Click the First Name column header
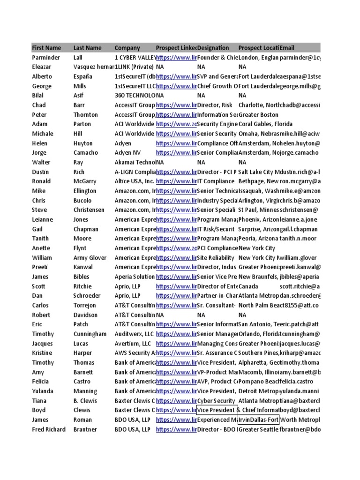coord(46,48)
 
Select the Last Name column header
coord(87,48)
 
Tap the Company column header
coord(127,48)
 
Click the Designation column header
coord(213,48)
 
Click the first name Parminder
coord(46,58)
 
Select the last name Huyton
coord(83,143)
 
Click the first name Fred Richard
coord(49,429)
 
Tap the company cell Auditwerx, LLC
coord(134,334)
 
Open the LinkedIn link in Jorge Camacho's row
coord(176,153)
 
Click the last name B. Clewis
coord(85,401)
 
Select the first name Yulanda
coord(43,391)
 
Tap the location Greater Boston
coord(258,115)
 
